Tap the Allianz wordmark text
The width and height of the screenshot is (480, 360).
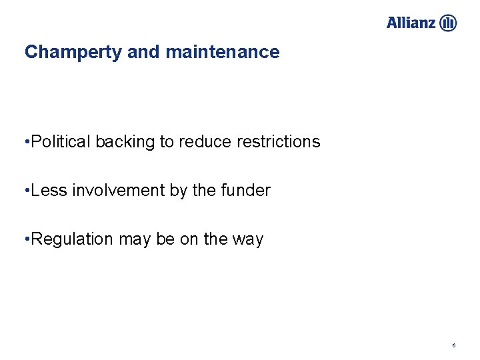coord(411,23)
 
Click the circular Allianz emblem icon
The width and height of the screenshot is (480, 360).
coord(448,23)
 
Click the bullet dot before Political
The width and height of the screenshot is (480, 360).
coord(26,142)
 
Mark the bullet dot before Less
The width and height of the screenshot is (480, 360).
coord(26,191)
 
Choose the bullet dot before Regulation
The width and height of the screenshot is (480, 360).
coord(26,239)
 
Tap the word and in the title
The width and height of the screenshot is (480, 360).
coord(142,52)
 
